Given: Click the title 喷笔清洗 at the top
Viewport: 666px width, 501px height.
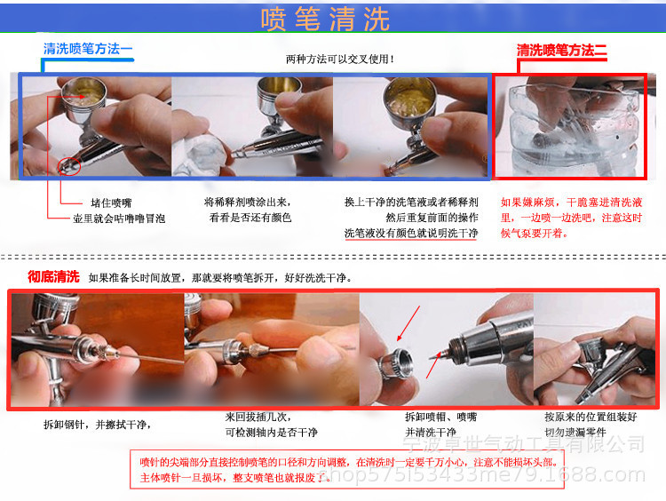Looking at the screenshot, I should point(326,19).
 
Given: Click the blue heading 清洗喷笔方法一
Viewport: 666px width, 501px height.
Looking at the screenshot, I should point(88,49).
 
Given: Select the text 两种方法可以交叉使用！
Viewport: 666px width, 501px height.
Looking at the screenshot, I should point(340,60).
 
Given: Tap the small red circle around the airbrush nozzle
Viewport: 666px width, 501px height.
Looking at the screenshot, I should point(69,163).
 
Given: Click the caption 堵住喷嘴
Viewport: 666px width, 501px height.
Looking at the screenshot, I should point(111,203).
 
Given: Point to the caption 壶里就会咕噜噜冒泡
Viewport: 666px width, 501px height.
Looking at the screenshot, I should point(119,218).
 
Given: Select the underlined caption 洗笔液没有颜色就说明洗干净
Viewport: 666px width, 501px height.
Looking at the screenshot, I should point(411,234).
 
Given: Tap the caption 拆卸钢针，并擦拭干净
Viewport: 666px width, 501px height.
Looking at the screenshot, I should point(97,423).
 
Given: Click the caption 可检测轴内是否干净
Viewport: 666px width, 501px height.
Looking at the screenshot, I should point(271,431).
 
